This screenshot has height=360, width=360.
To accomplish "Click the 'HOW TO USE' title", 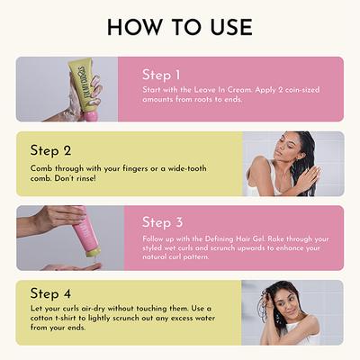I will pos(180,27).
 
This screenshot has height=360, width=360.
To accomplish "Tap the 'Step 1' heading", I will pos(161,76).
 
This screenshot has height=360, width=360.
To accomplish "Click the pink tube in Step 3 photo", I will pos(90,236).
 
